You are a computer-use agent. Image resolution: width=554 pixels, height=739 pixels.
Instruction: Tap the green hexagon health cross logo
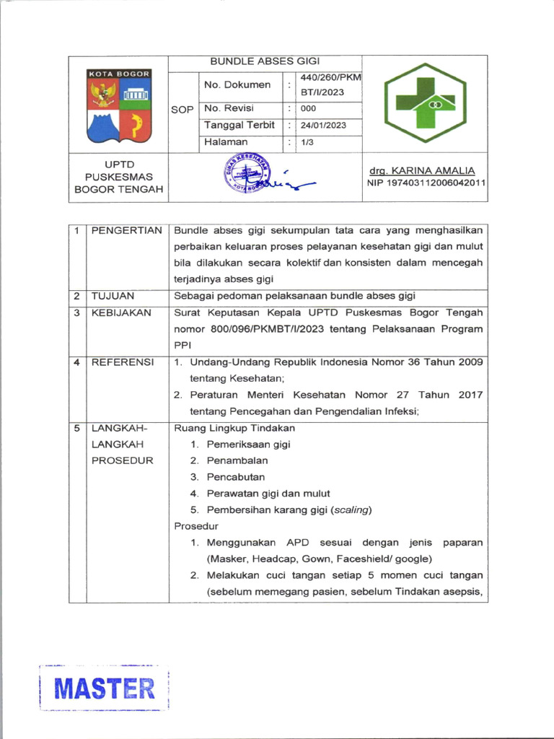tap(425, 102)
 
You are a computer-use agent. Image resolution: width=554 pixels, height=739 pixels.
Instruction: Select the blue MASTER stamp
tap(105, 688)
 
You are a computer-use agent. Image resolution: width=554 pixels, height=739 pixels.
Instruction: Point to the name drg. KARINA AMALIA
tap(422, 170)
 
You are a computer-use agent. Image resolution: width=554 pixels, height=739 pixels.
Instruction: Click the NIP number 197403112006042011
tap(426, 183)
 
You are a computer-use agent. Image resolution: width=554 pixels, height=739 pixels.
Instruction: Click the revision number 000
tap(309, 109)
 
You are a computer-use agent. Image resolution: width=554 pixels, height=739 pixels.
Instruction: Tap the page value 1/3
tap(307, 143)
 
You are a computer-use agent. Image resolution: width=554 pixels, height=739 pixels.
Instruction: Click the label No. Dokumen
tap(237, 85)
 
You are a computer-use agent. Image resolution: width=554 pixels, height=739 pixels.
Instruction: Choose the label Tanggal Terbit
tap(239, 126)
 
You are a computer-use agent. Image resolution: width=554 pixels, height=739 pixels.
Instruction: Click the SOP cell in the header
tap(183, 110)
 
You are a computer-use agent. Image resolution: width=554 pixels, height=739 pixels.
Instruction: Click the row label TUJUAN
tap(113, 296)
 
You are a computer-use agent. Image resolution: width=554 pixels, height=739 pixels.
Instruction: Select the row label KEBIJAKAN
tap(121, 312)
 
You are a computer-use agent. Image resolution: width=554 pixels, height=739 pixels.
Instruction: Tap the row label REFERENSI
tap(122, 362)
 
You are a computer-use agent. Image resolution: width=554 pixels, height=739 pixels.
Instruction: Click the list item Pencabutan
tap(236, 477)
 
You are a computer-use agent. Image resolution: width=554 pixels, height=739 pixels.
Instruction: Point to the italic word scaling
tap(351, 510)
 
